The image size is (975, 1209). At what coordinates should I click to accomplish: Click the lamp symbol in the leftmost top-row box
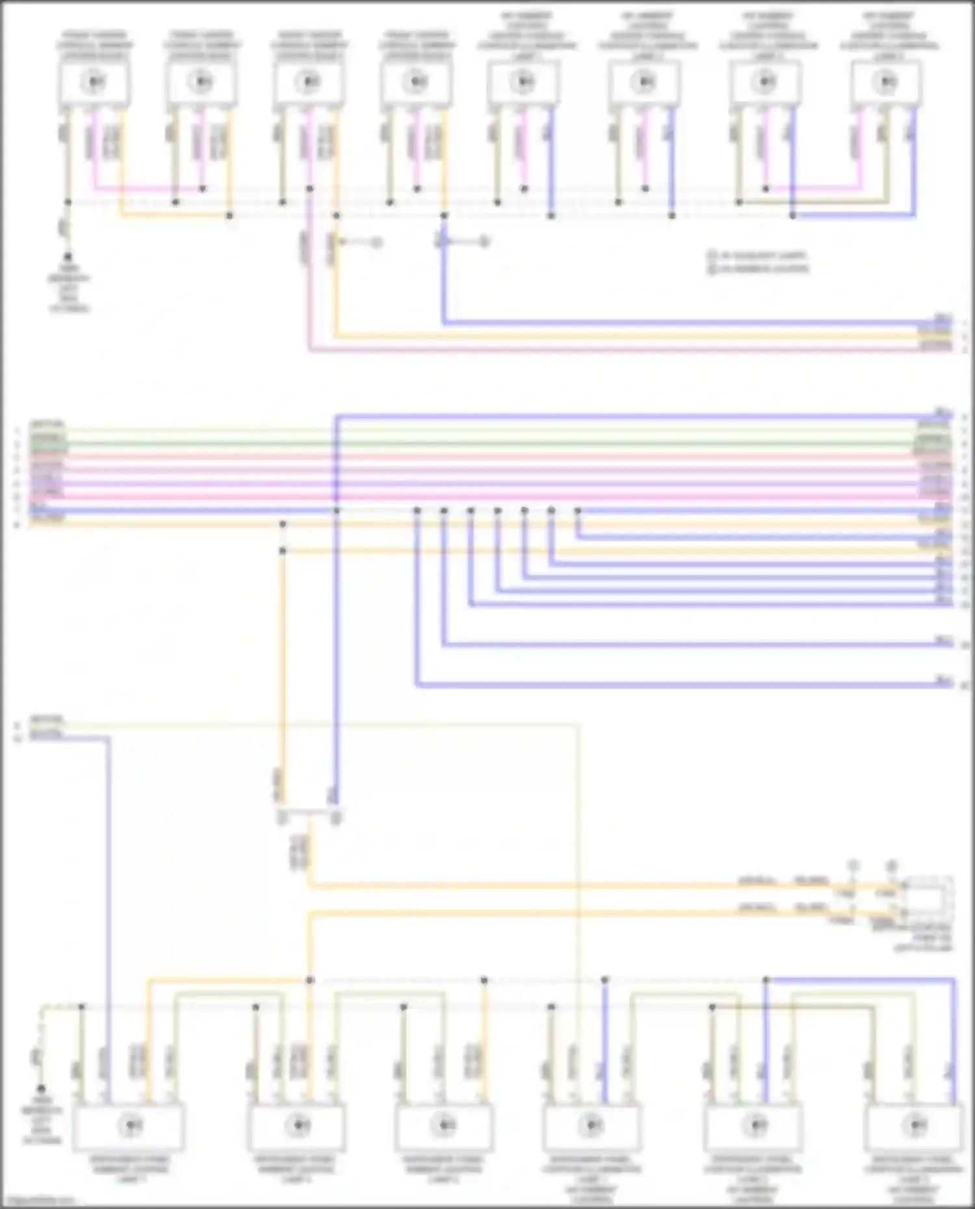(95, 82)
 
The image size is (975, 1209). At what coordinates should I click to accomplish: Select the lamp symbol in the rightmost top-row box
(887, 82)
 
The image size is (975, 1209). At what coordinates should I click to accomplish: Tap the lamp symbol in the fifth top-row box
(523, 82)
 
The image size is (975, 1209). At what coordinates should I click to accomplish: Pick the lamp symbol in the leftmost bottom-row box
(131, 1125)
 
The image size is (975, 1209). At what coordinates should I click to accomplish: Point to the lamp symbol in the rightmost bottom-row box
(915, 1125)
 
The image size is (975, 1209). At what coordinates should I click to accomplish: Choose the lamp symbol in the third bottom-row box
(445, 1125)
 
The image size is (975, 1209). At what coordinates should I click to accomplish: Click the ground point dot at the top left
(67, 257)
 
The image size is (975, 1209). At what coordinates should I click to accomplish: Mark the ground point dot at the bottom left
(41, 1088)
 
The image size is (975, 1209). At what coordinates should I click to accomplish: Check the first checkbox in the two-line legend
(712, 256)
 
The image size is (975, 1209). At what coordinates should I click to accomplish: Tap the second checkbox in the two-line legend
(712, 269)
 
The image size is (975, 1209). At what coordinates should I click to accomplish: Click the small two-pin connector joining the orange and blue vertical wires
(309, 816)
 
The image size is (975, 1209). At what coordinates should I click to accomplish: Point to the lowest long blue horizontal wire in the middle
(650, 684)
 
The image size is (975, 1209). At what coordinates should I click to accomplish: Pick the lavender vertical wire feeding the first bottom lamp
(108, 910)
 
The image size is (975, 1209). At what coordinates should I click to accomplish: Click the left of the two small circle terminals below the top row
(376, 243)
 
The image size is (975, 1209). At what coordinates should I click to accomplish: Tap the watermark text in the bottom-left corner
(39, 1201)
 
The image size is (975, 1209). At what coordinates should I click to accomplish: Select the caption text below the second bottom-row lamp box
(296, 1169)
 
